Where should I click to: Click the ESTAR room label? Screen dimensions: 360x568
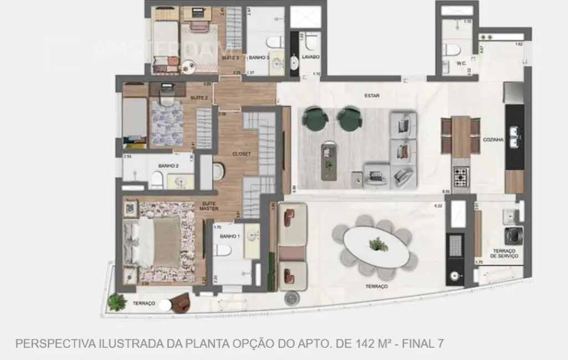[x=372, y=95]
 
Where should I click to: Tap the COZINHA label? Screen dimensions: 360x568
[x=493, y=140]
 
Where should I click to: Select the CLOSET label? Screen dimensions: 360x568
[x=242, y=153]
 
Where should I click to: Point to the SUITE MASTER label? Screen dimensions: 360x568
[x=209, y=206]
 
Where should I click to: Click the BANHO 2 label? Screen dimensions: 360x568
[x=168, y=166]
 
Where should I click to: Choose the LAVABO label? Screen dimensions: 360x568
[x=310, y=57]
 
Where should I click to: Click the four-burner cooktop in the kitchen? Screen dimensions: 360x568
[x=462, y=177]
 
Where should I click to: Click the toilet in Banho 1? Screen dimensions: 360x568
[x=223, y=250]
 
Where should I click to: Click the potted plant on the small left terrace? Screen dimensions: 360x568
[x=117, y=301]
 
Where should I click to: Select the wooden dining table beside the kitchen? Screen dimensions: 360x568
[x=460, y=136]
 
